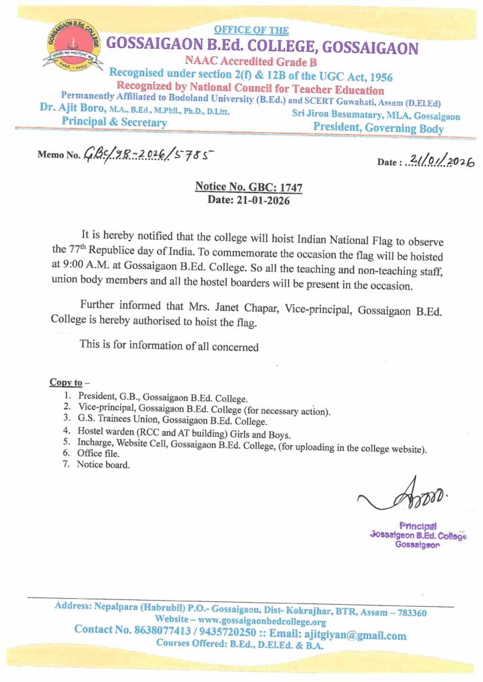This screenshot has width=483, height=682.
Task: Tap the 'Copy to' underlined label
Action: (x=66, y=382)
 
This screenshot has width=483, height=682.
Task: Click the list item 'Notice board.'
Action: (x=104, y=465)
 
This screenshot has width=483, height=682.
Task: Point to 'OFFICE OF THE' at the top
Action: (x=252, y=30)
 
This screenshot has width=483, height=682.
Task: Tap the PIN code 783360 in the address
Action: (x=411, y=613)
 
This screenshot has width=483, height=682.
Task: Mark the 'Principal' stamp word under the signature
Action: (x=418, y=525)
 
